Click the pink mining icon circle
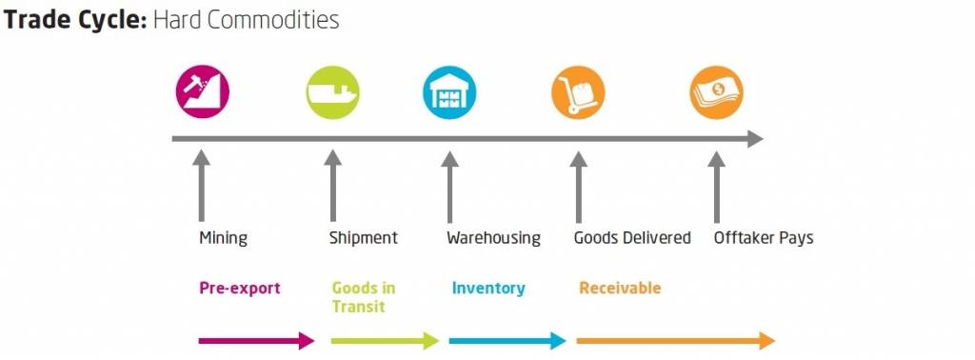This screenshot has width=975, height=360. pos(203,92)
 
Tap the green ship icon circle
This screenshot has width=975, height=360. pos(332,92)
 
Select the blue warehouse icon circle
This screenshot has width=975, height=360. pos(449,92)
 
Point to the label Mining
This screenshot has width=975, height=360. pos(223,238)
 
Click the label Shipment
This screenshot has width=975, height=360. pos(363,238)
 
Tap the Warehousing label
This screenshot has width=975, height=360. pos(493,238)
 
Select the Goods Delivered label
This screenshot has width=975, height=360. pos(632,238)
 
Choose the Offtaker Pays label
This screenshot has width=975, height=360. pos(764,238)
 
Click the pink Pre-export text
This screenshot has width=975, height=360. pos(239,288)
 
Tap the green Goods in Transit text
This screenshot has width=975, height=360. pos(363,296)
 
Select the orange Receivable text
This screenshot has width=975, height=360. pos(620,288)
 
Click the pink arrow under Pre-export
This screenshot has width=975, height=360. pos(255,341)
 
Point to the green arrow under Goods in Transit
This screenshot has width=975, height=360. pos(385,341)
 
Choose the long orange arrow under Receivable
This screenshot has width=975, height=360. pos(675,341)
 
